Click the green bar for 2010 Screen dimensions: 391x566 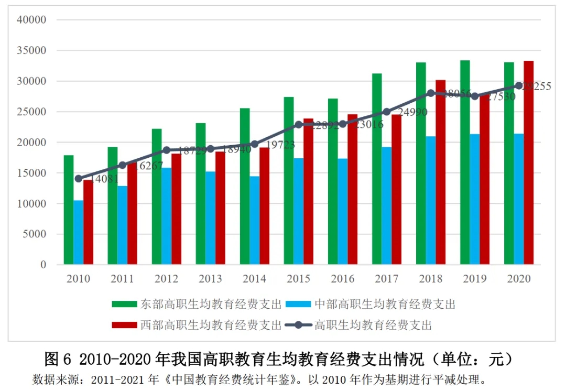pos(69,210)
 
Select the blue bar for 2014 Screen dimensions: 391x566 pos(255,220)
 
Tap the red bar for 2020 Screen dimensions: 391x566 pos(529,162)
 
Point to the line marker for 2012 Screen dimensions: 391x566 pos(167,150)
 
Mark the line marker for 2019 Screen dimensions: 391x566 pos(475,96)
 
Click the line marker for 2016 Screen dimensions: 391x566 pos(343,124)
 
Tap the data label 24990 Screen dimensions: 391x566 pos(412,112)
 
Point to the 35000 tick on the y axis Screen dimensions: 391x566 pos(32,51)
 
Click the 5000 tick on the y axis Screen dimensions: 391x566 pos(35,234)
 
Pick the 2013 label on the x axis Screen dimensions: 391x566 pos(210,279)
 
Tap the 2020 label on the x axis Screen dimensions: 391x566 pos(519,279)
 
